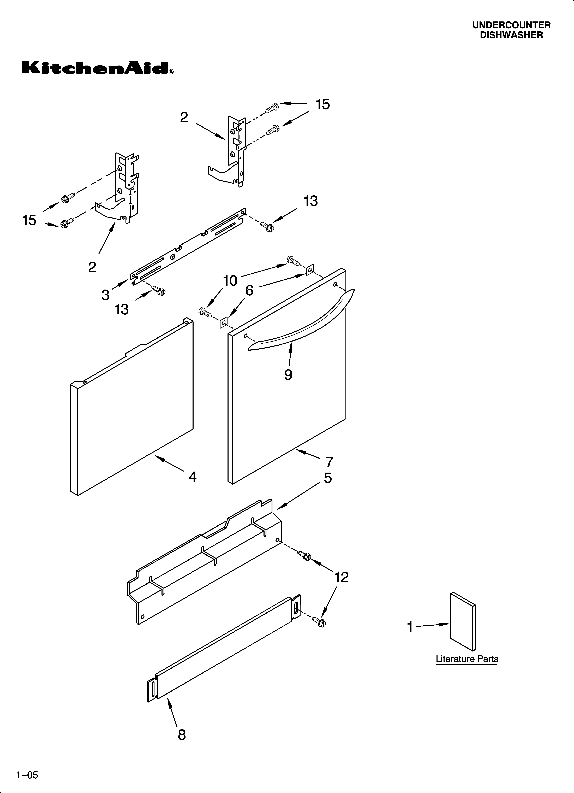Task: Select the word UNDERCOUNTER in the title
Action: [x=511, y=25]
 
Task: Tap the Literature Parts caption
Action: [x=467, y=659]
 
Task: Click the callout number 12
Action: [x=342, y=577]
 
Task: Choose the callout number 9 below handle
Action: [x=288, y=374]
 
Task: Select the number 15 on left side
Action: [x=29, y=220]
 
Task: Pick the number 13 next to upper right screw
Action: [x=310, y=201]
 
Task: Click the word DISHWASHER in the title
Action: [x=511, y=35]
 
